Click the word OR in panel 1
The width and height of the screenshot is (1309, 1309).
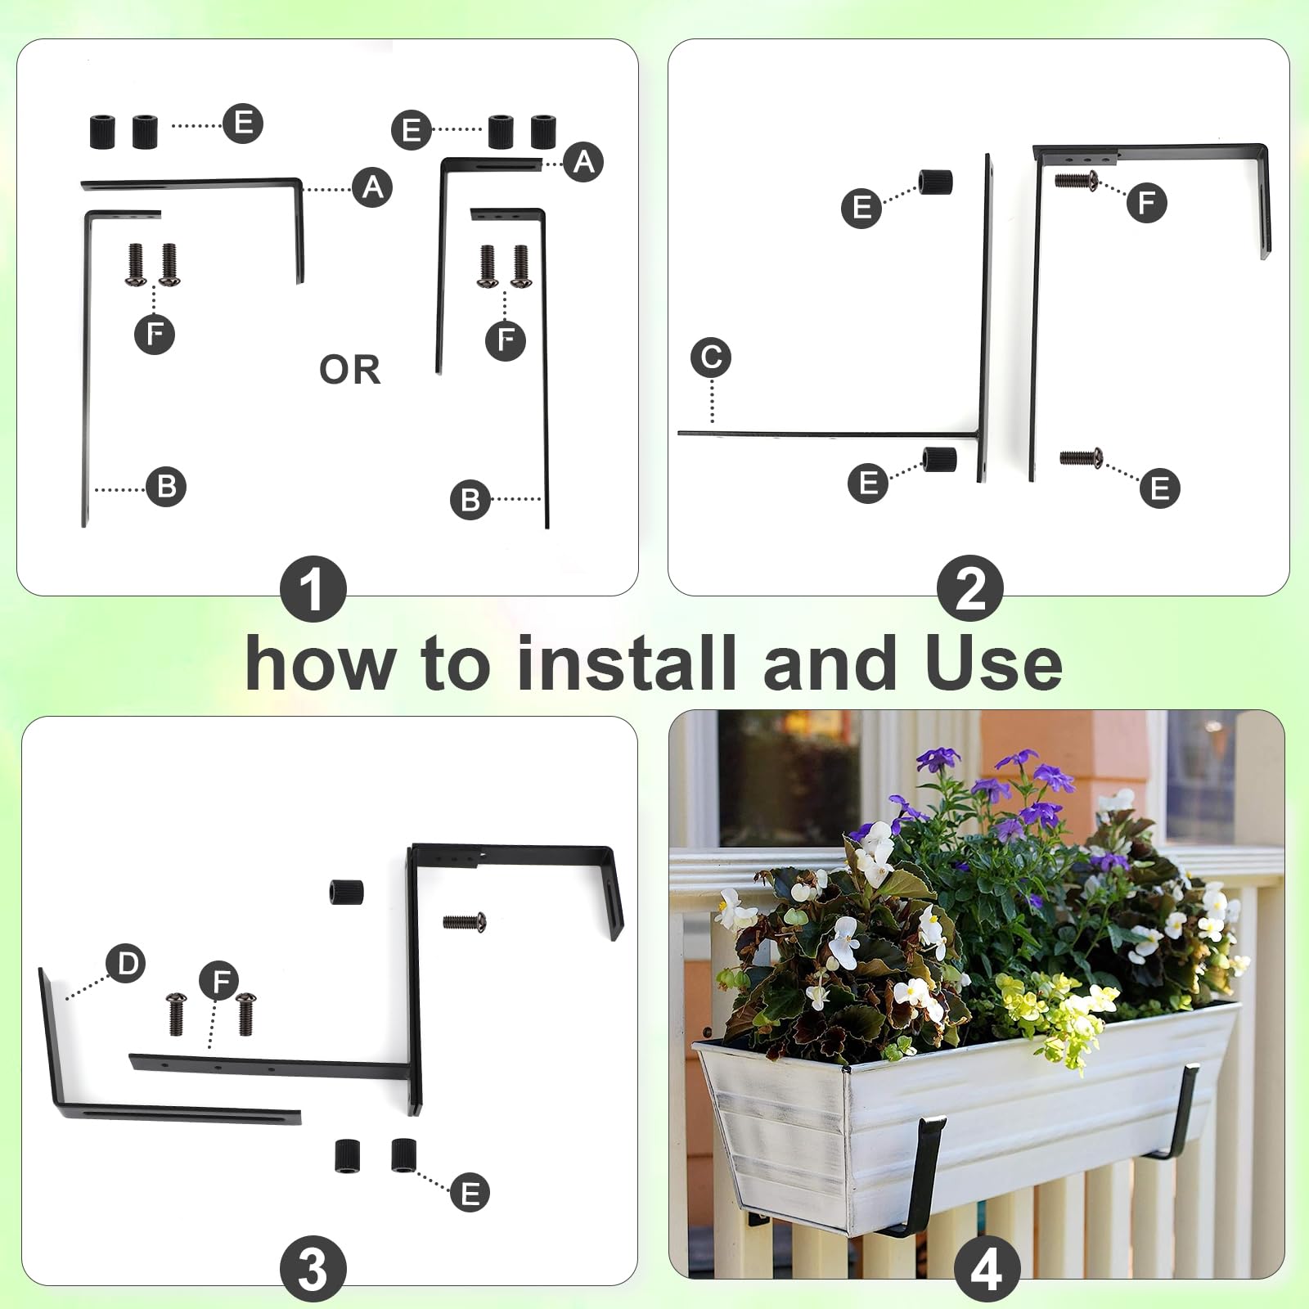350,370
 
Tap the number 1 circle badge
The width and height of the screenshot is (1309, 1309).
313,589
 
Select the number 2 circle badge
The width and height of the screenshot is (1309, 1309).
970,589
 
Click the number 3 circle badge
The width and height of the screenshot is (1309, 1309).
313,1270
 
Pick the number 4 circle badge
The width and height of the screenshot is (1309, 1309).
987,1270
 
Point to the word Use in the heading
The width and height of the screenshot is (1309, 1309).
993,663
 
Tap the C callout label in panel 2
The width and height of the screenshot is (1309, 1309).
710,358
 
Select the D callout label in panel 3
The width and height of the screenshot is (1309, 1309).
127,963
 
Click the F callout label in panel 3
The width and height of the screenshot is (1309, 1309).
219,981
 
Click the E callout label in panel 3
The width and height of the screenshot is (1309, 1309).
470,1193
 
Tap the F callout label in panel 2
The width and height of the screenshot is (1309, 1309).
1146,202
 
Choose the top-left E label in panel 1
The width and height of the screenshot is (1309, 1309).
243,124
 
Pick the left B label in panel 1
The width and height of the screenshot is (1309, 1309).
166,487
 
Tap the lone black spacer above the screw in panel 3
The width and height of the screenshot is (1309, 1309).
346,892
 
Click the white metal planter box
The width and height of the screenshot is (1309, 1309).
965,1129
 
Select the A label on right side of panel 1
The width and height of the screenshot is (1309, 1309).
583,161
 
